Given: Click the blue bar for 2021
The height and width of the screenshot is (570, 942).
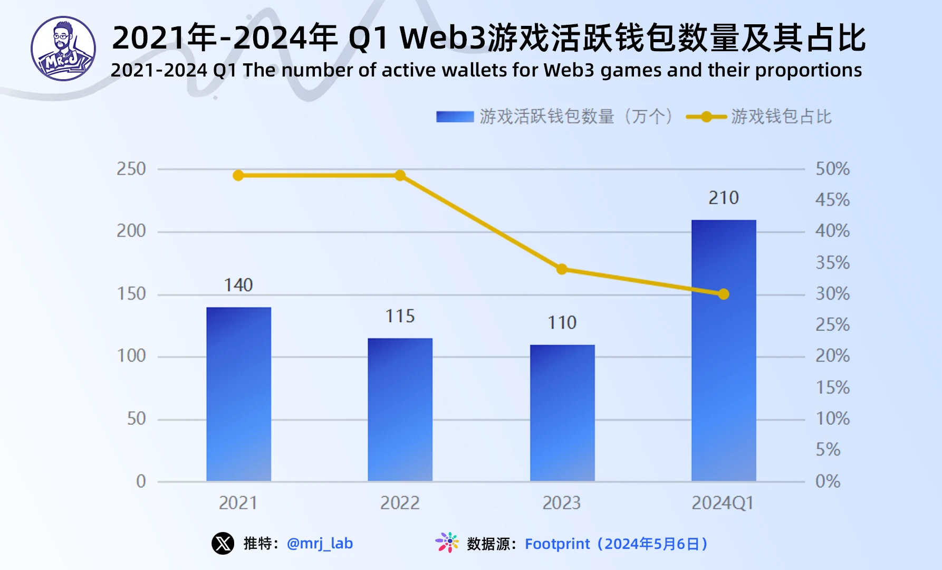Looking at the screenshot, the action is pos(238,394).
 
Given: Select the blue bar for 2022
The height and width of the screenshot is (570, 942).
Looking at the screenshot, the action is pos(400,410).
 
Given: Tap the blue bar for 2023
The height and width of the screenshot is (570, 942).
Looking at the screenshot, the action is pos(562,413).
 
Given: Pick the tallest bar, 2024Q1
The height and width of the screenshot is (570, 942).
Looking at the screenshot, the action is pos(724,350).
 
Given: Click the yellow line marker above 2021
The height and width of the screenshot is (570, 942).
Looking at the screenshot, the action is pos(238,175).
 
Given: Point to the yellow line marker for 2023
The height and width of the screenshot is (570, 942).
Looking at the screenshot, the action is pos(562,269).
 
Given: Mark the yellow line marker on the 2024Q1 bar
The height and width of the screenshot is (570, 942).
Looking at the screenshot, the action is pos(724,294).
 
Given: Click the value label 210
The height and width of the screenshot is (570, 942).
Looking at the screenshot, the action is pos(724,198).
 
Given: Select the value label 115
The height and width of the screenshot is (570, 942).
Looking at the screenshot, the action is pos(400,316).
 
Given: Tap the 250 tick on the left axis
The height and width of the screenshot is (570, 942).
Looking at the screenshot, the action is pos(131,169).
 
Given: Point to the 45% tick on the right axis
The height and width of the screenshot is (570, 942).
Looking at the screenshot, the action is pos(832,200).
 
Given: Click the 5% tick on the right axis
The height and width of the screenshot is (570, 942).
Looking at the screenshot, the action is pos(828,450).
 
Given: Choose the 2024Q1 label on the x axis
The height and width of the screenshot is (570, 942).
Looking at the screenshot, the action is pos(723,503).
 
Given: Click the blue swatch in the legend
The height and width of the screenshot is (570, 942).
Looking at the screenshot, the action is pos(455,117).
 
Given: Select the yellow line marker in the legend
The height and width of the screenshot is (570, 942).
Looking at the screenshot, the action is pos(706,117).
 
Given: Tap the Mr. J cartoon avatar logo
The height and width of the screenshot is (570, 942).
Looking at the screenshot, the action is pos(63,49).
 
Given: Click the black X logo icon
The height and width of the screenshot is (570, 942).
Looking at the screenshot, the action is pos(223,543).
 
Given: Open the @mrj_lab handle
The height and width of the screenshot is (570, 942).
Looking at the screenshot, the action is pos(320,544).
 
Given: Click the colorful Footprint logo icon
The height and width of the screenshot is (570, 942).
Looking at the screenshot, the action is pos(447,543).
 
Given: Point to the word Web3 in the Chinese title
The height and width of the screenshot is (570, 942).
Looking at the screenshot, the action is pos(443,38).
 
